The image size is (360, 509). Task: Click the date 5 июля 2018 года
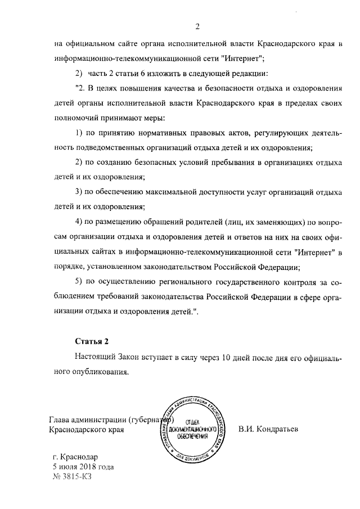pyautogui.click(x=83, y=467)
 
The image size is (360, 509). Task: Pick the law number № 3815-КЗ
pyautogui.click(x=70, y=477)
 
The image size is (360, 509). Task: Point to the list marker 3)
pyautogui.click(x=80, y=192)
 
